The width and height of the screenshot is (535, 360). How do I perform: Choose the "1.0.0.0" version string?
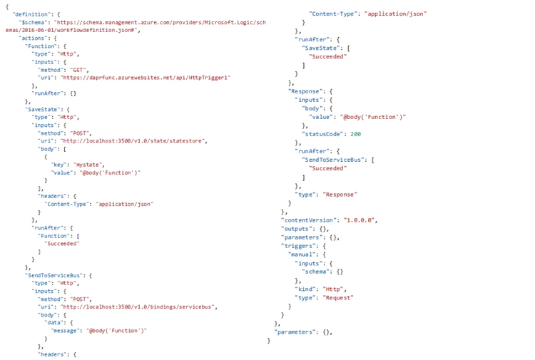tap(360, 220)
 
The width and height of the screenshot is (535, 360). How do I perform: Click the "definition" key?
tap(30, 14)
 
